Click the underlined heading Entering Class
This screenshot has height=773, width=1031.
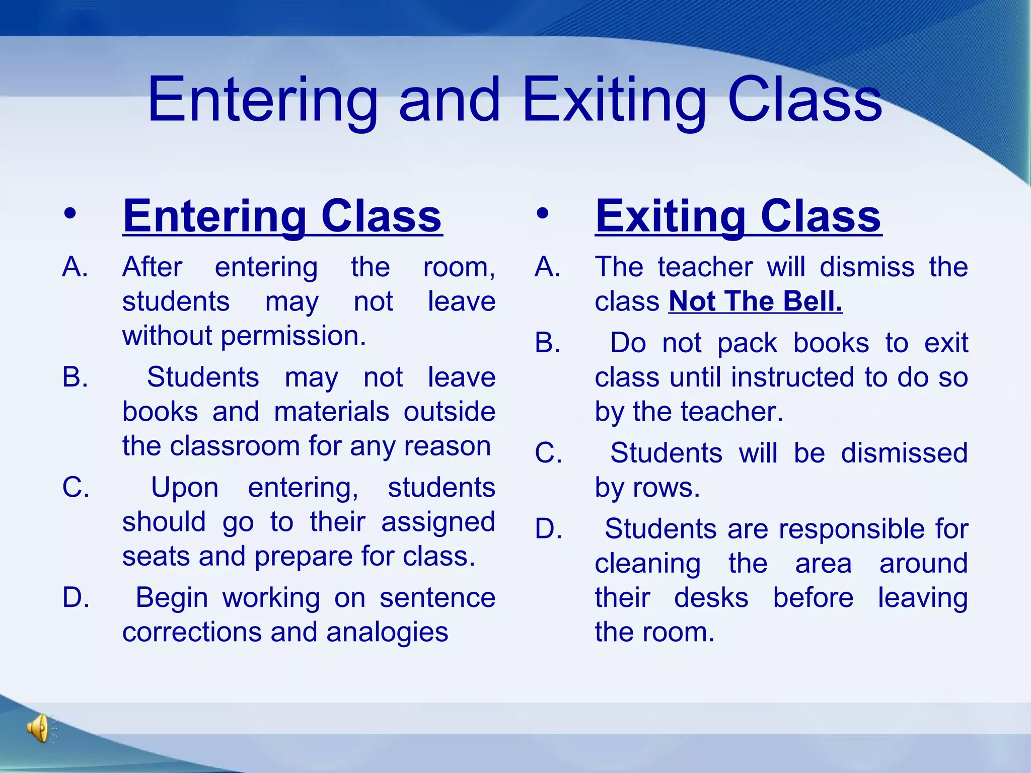282,216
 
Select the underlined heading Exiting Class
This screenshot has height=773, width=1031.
738,216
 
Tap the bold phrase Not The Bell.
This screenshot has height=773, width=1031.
755,301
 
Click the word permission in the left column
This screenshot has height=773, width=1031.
293,336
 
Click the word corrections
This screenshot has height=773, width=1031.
192,632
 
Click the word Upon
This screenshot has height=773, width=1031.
185,488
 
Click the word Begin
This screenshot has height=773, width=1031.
172,598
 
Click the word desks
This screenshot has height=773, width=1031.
711,598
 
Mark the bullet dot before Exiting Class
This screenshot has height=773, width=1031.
542,214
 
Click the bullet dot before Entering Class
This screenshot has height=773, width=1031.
70,214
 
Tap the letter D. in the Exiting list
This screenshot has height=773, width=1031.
548,529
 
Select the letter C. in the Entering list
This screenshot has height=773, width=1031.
76,488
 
